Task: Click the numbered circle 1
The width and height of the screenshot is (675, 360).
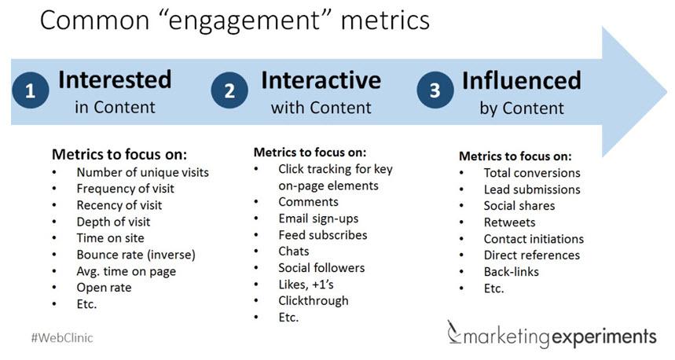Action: pyautogui.click(x=30, y=91)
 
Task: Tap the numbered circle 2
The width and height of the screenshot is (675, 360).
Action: pyautogui.click(x=229, y=91)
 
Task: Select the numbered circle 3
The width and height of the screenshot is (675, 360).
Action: pyautogui.click(x=435, y=91)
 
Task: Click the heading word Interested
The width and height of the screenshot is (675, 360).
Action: pyautogui.click(x=115, y=79)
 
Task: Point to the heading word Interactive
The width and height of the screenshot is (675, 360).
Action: pyautogui.click(x=321, y=79)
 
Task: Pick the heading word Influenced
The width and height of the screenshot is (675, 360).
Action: pyautogui.click(x=522, y=79)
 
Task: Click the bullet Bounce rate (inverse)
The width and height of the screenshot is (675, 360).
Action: pyautogui.click(x=135, y=254)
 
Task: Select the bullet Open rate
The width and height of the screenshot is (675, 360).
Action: pyautogui.click(x=104, y=288)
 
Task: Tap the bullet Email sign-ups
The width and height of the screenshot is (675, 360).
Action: pyautogui.click(x=318, y=219)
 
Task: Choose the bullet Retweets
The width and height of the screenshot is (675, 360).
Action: pyautogui.click(x=510, y=222)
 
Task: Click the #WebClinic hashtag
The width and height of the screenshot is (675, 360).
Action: pyautogui.click(x=63, y=338)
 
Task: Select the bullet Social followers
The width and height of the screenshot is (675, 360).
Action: pyautogui.click(x=321, y=268)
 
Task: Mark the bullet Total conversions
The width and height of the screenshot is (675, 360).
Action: pyautogui.click(x=532, y=173)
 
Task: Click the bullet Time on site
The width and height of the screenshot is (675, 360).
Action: pyautogui.click(x=110, y=237)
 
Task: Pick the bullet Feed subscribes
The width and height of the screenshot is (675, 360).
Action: pyautogui.click(x=322, y=235)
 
